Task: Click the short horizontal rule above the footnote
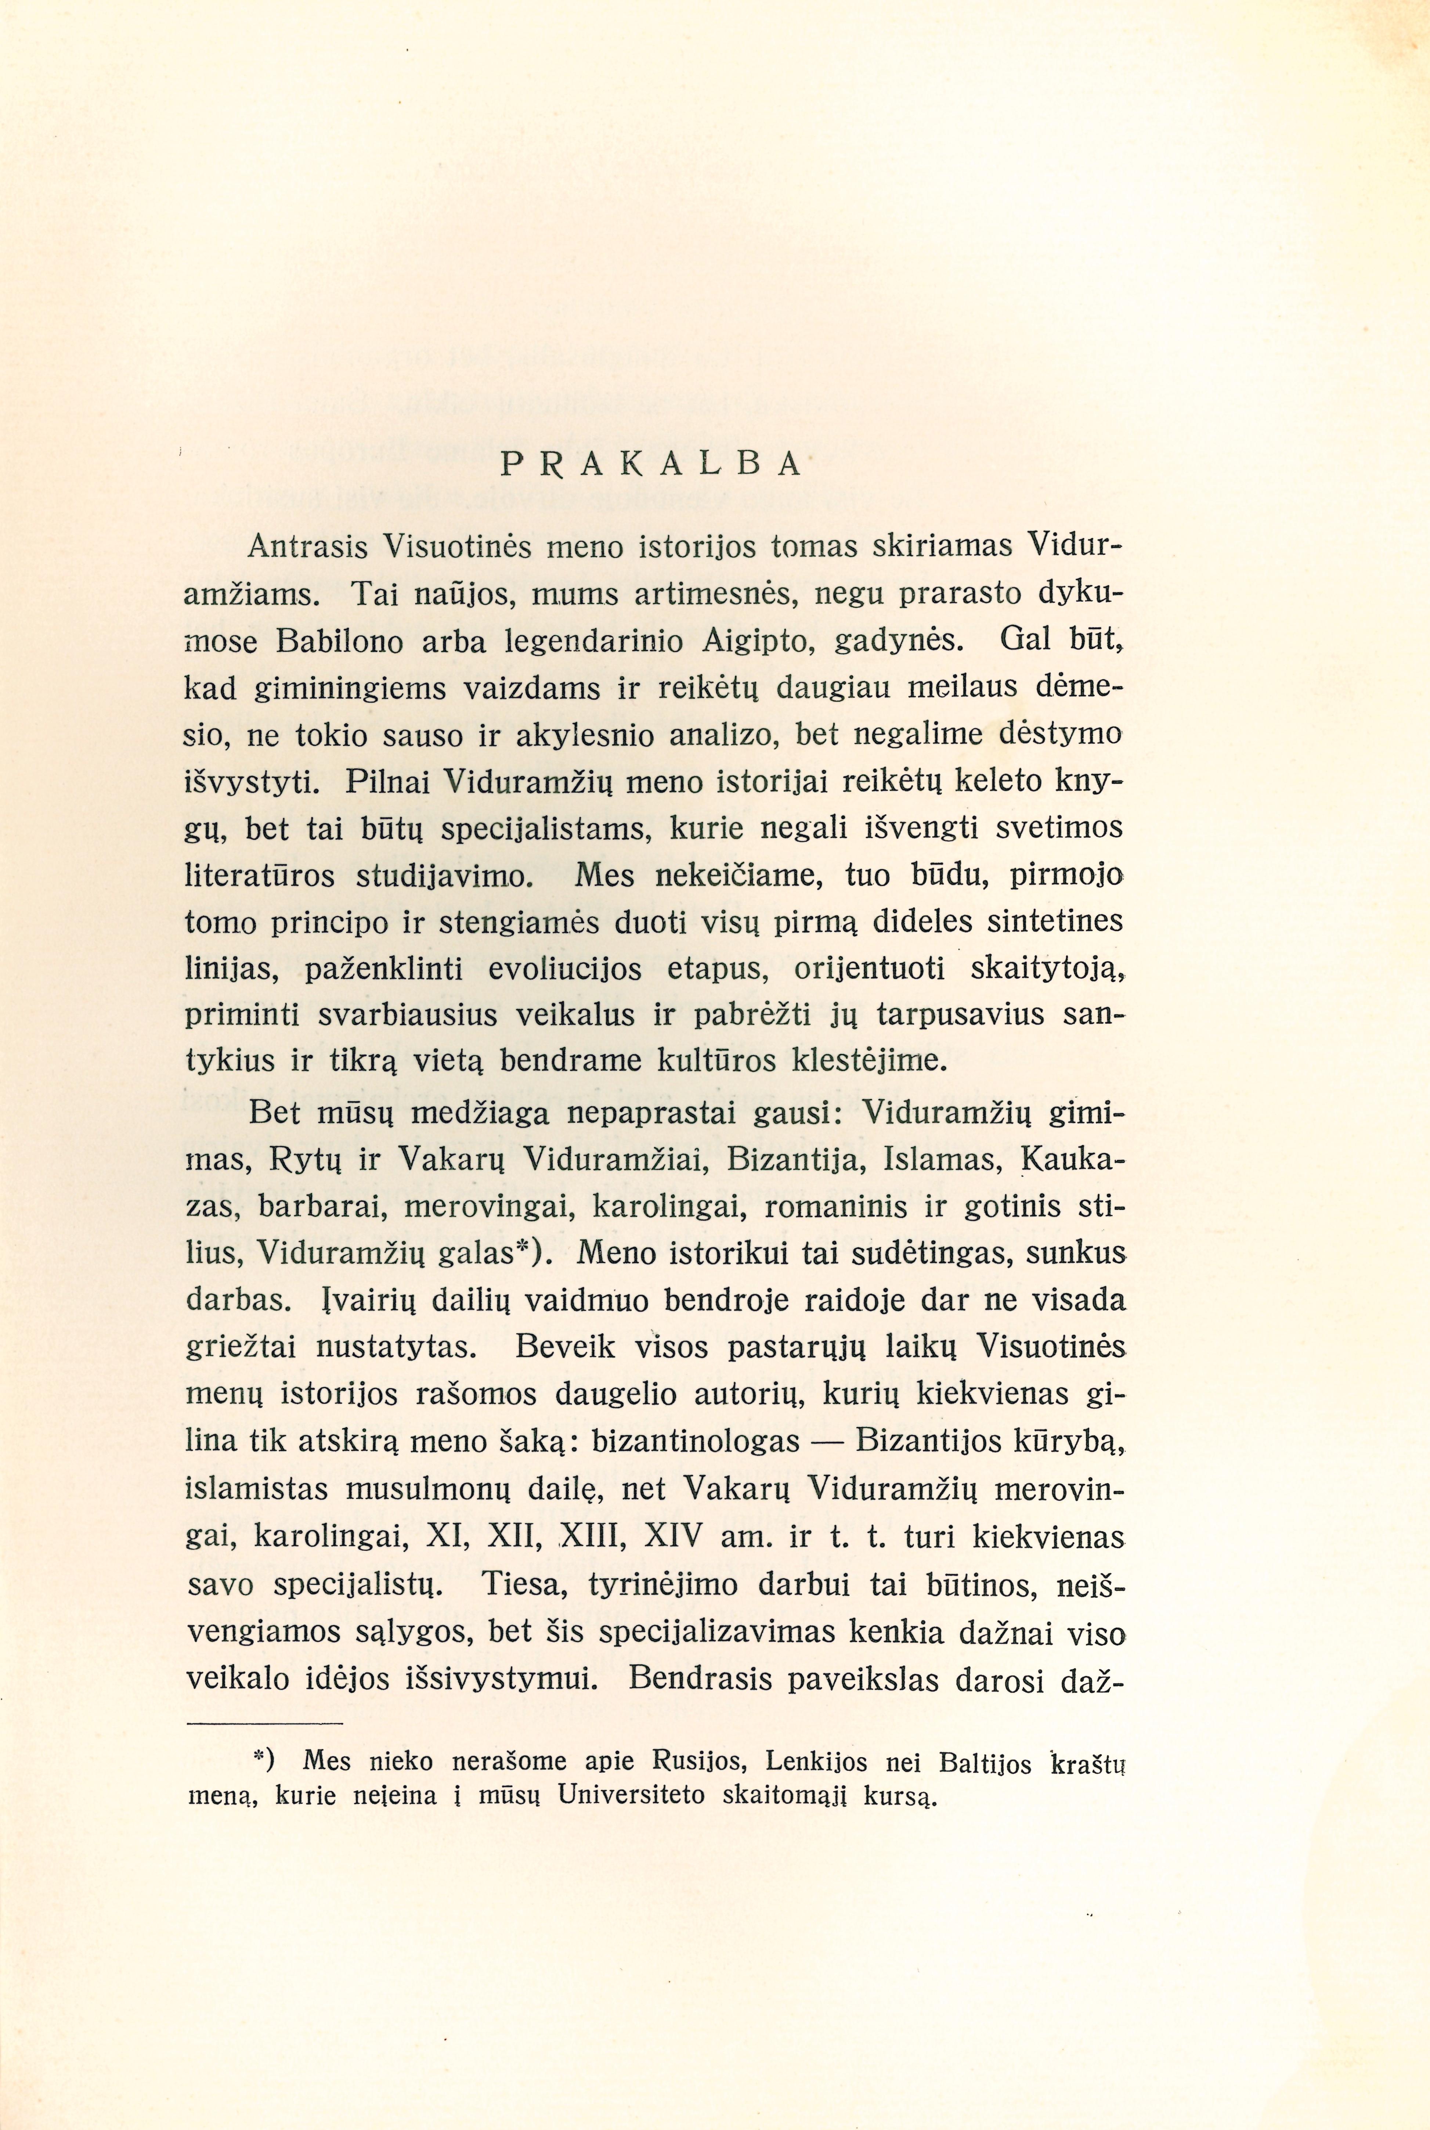264,1723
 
